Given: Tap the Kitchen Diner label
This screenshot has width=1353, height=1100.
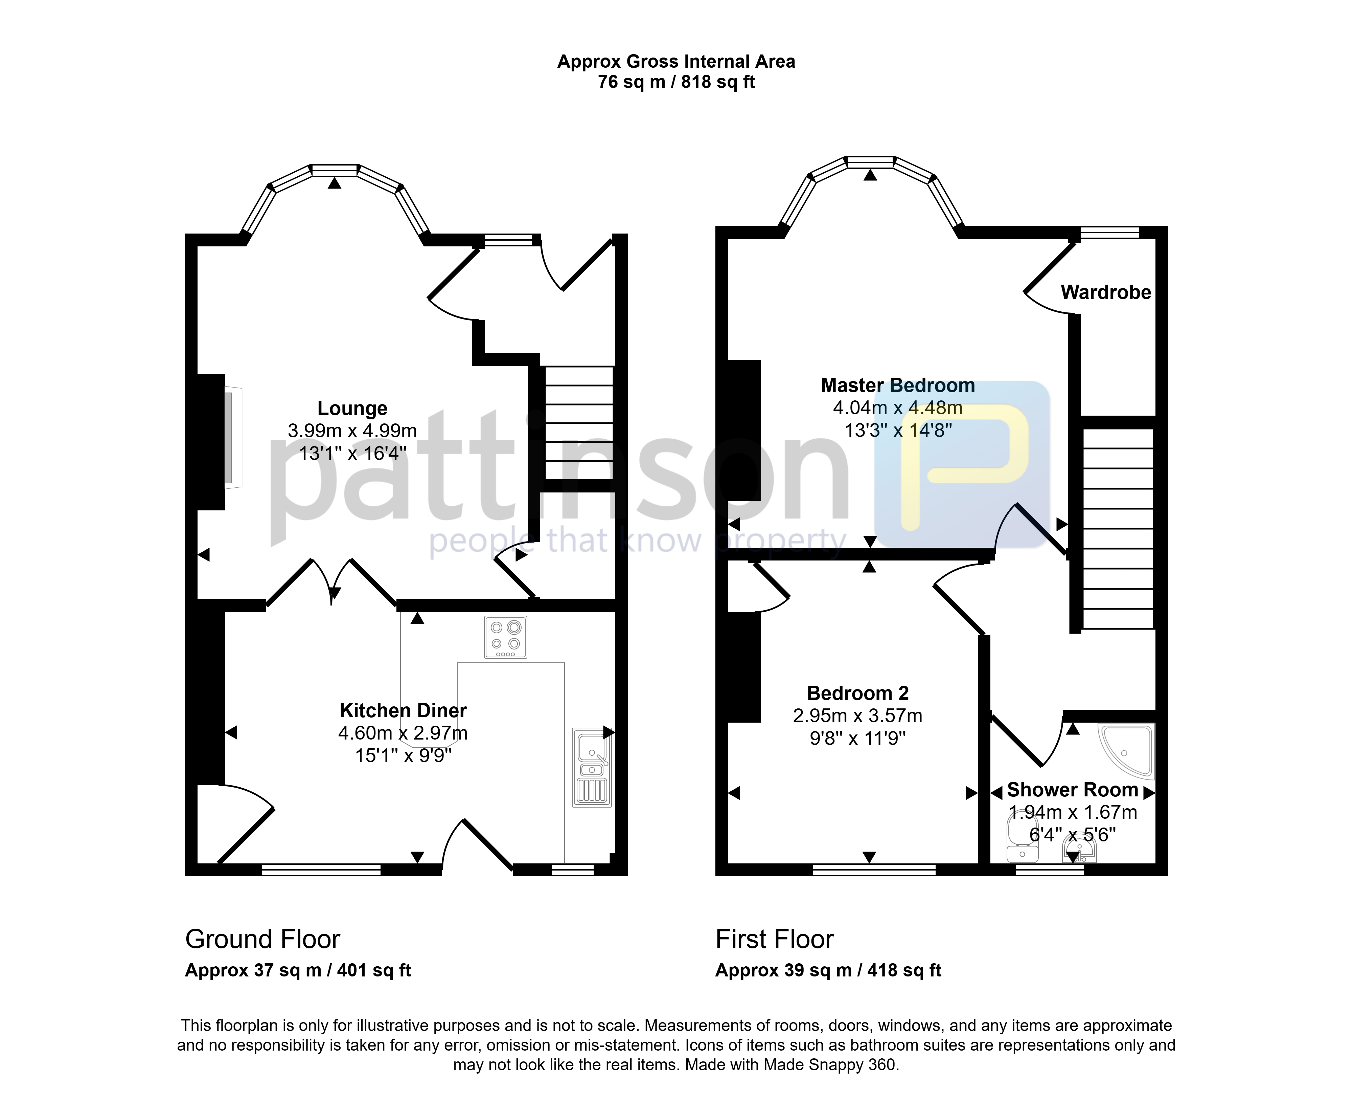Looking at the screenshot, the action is [x=403, y=710].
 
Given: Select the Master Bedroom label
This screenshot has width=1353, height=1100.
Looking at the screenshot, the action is [x=898, y=385].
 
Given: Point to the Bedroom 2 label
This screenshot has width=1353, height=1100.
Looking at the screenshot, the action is [x=858, y=693].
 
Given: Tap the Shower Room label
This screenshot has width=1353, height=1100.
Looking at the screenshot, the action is [x=1073, y=790].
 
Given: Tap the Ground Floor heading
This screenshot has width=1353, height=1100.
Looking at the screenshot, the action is [x=263, y=939].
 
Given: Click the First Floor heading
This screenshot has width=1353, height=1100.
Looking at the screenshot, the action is [x=774, y=939].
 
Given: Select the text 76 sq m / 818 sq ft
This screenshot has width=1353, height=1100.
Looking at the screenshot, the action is [x=676, y=82].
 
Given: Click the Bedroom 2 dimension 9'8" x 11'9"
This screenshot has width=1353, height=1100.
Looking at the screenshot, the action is [x=858, y=738].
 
